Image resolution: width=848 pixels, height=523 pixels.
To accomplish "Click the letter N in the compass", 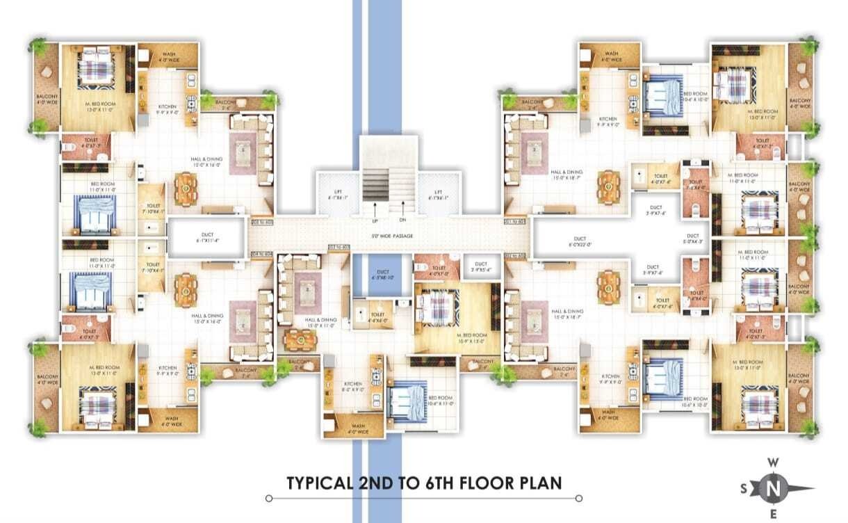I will tap(772, 490).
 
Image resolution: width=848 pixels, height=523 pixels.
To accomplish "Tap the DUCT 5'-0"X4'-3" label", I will tap(692, 239).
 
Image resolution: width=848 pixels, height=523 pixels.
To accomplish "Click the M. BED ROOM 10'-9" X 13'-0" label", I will tap(471, 337).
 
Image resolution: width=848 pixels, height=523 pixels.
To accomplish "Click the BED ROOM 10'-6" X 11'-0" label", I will tap(441, 400).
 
